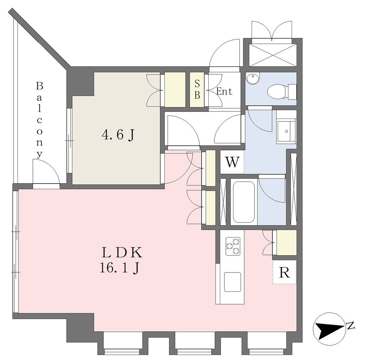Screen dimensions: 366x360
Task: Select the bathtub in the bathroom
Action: (244, 202)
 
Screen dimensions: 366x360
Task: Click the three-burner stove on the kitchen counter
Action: (233, 246)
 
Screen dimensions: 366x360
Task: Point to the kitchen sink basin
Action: (232, 282)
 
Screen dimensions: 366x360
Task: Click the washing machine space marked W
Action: (232, 162)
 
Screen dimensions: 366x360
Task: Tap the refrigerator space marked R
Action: (284, 272)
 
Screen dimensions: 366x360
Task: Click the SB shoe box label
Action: (197, 89)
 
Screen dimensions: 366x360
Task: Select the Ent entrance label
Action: (224, 91)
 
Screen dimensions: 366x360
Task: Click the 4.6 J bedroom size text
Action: (118, 135)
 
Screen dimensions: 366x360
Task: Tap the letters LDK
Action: (122, 252)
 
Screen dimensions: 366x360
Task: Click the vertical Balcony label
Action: (39, 120)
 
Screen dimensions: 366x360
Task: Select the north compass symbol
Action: (329, 329)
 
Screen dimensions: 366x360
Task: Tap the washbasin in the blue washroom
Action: (286, 131)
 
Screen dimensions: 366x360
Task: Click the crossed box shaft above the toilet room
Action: (273, 55)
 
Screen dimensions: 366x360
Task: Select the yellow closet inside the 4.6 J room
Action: (175, 90)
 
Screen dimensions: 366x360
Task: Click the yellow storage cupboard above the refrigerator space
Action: (286, 242)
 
